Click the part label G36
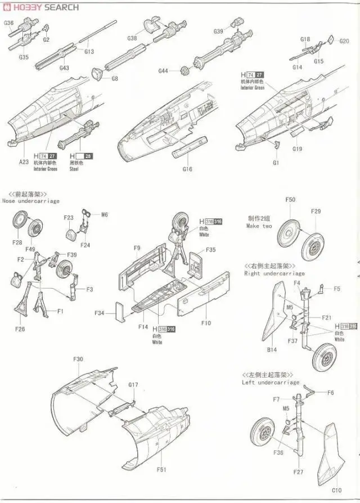click(x=8, y=23)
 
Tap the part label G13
click(x=89, y=52)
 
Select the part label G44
click(x=163, y=71)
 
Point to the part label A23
click(x=23, y=162)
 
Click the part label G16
click(x=188, y=168)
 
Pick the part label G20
click(x=344, y=41)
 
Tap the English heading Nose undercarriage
click(x=30, y=201)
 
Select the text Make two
click(x=259, y=226)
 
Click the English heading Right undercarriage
click(x=274, y=273)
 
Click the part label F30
click(x=78, y=359)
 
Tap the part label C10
click(x=336, y=490)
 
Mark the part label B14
click(x=272, y=349)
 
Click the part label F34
click(x=100, y=313)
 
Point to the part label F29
click(x=316, y=211)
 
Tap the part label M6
click(x=105, y=214)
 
